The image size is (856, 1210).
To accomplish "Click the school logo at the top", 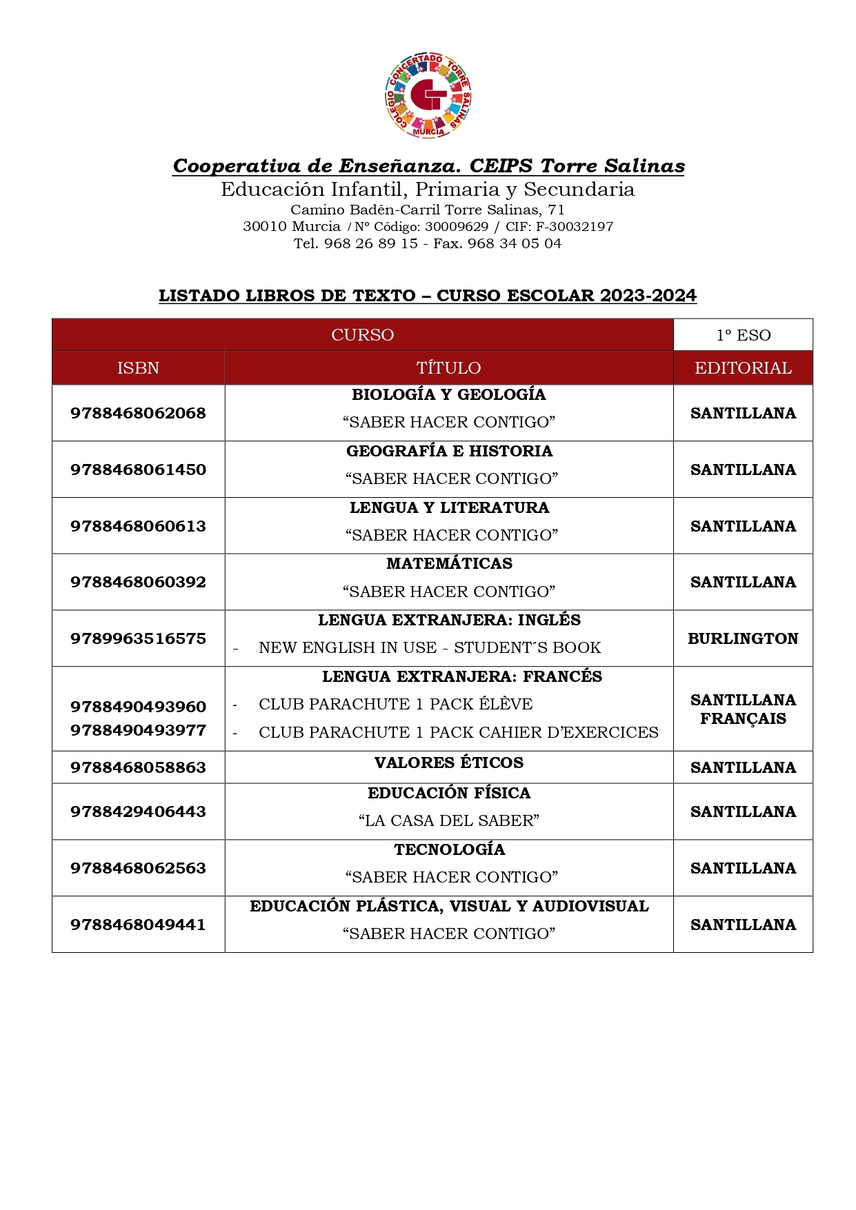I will (x=428, y=95).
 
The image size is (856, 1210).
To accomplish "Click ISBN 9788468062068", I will (x=138, y=413).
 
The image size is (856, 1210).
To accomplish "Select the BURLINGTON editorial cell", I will (x=743, y=638).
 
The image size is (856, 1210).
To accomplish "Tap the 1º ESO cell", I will (x=743, y=335).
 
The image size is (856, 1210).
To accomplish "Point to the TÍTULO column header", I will (x=448, y=367).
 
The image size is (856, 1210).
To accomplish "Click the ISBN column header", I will (x=138, y=367).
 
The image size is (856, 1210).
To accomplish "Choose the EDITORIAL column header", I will (x=743, y=367).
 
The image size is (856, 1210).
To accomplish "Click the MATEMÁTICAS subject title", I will (x=449, y=563).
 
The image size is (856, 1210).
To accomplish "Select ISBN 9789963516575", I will (x=138, y=638).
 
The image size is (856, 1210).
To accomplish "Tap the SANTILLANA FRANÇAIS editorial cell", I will (x=743, y=709).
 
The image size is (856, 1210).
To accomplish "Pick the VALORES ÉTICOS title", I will (x=449, y=763).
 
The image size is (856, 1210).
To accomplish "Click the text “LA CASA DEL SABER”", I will (x=449, y=820).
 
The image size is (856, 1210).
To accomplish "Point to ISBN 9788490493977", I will (x=138, y=730).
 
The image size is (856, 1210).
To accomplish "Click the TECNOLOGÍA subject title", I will (x=449, y=849).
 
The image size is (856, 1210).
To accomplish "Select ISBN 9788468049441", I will (x=138, y=925).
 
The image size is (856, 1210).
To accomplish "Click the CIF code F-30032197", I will (x=575, y=226).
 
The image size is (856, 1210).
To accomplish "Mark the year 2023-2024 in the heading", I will (x=648, y=296).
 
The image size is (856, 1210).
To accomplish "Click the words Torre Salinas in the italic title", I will (x=613, y=166).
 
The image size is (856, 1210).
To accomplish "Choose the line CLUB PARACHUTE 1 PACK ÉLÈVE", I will (x=395, y=704).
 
